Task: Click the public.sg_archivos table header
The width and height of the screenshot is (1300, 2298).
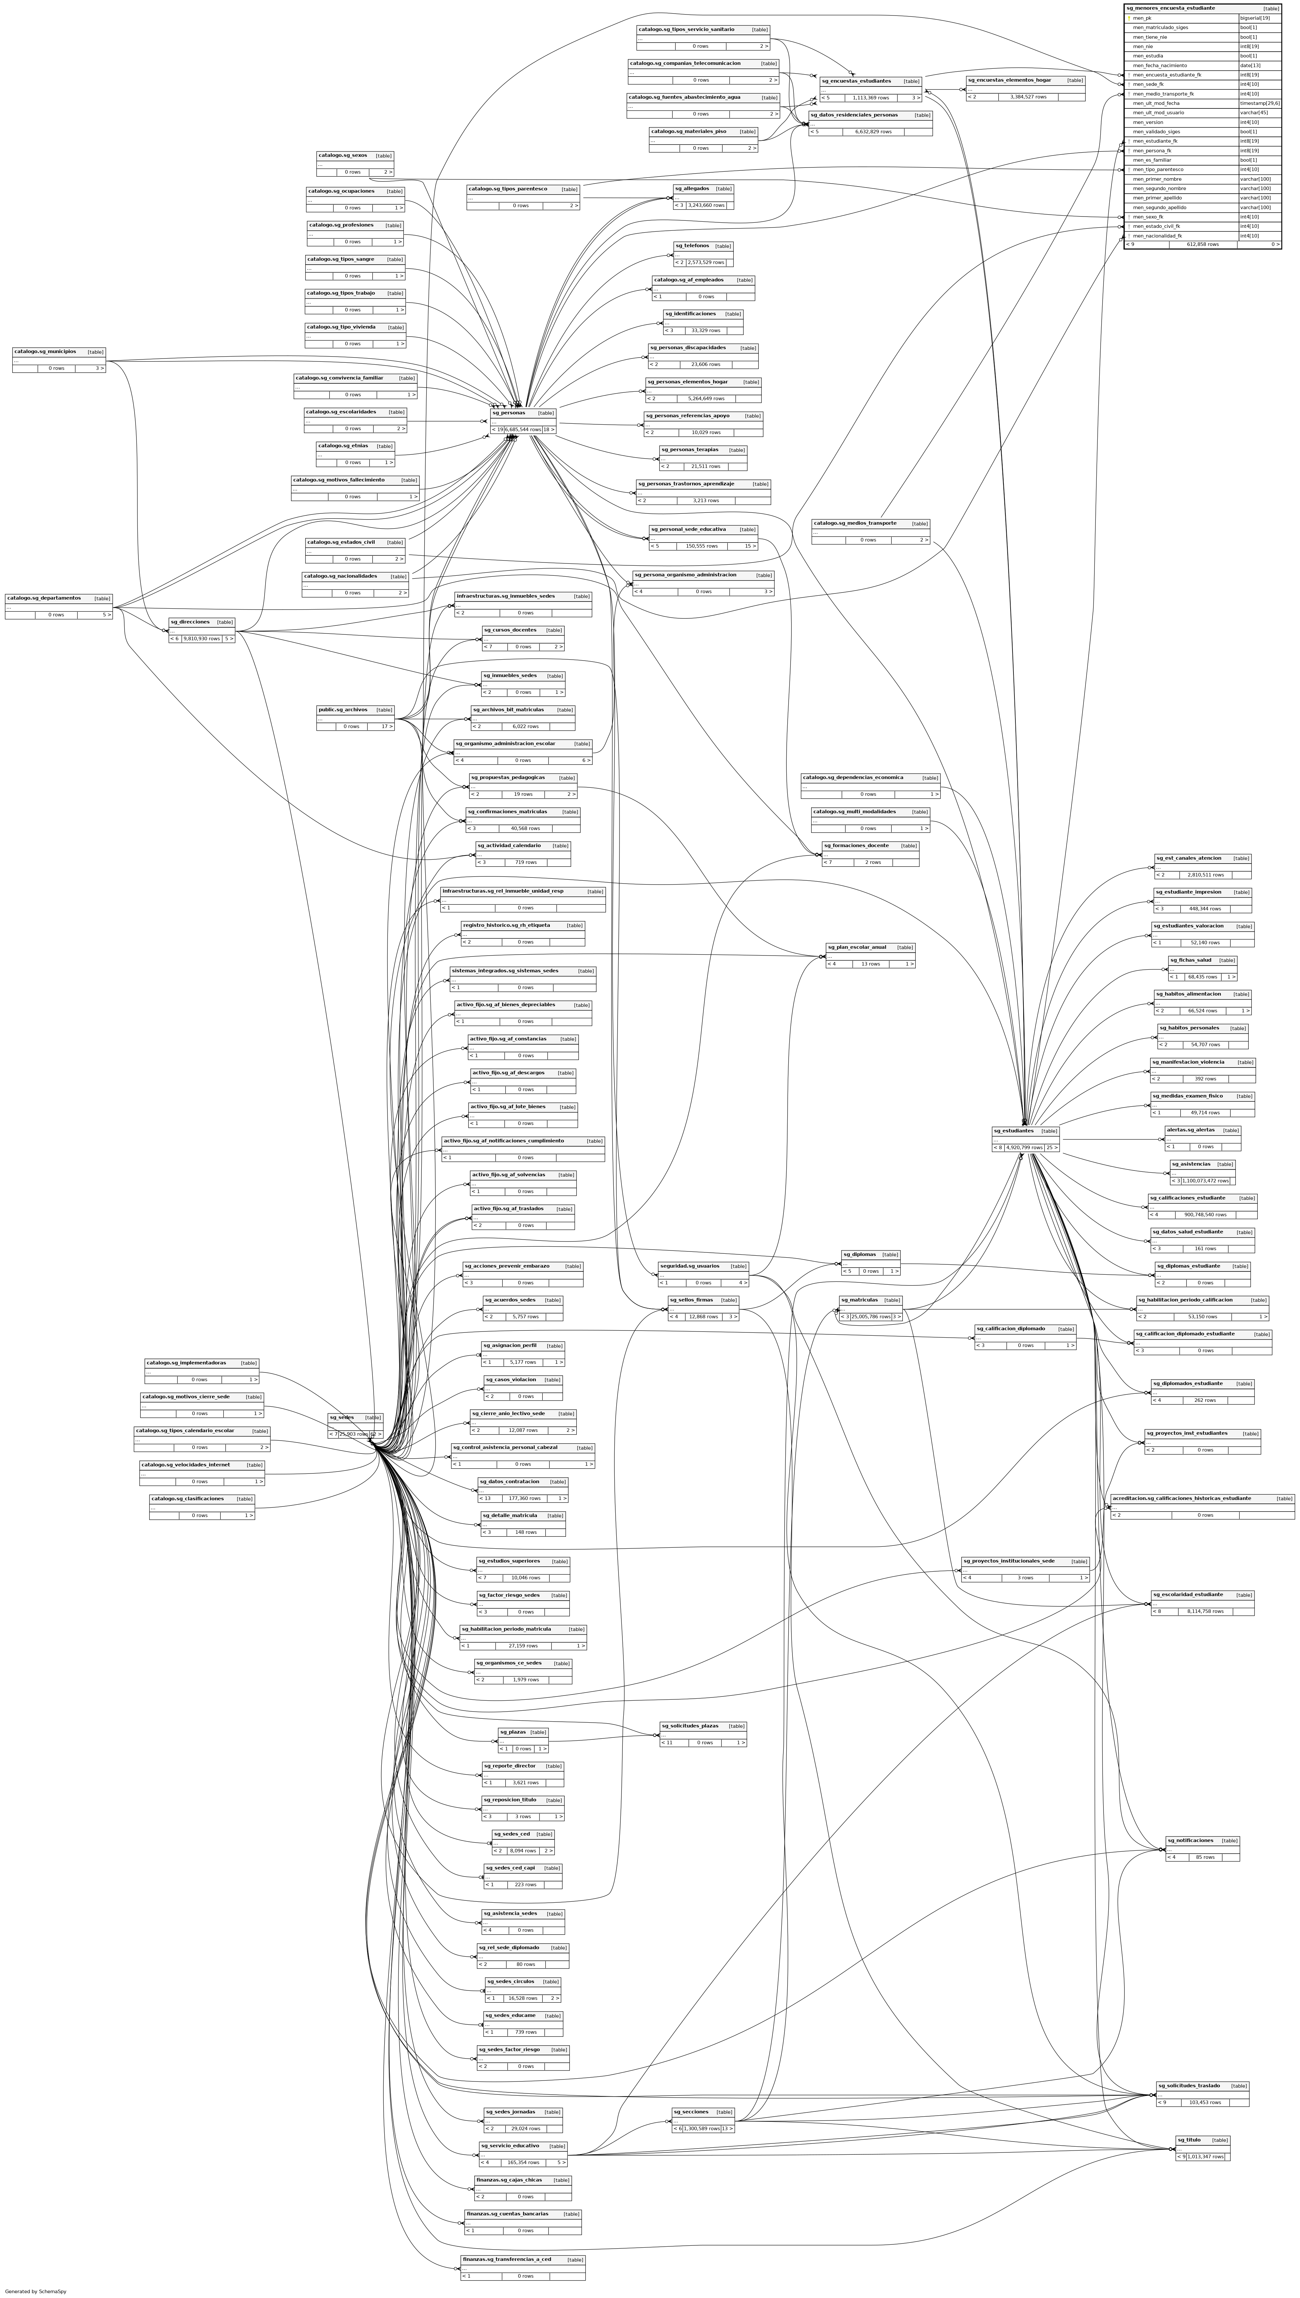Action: pyautogui.click(x=343, y=710)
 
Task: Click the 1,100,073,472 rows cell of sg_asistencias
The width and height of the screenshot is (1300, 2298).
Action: pyautogui.click(x=1204, y=1180)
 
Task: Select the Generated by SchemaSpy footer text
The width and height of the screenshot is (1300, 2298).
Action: pyautogui.click(x=36, y=2291)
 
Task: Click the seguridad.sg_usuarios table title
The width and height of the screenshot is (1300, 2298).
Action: pyautogui.click(x=689, y=1266)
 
